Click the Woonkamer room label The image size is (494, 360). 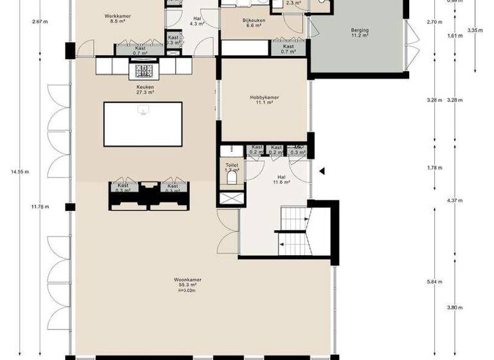[187, 280]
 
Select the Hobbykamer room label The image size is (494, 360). [262, 98]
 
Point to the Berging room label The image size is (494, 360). [360, 30]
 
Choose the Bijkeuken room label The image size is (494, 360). [252, 21]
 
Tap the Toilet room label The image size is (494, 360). [232, 165]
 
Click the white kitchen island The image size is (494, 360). [142, 123]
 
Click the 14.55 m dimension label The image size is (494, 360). [20, 172]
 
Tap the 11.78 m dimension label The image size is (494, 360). [39, 206]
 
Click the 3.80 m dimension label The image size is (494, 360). [455, 307]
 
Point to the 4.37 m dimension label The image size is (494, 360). [455, 201]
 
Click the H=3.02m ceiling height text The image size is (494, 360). [187, 291]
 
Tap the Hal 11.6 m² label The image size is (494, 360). [281, 179]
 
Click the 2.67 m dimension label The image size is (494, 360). [39, 21]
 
